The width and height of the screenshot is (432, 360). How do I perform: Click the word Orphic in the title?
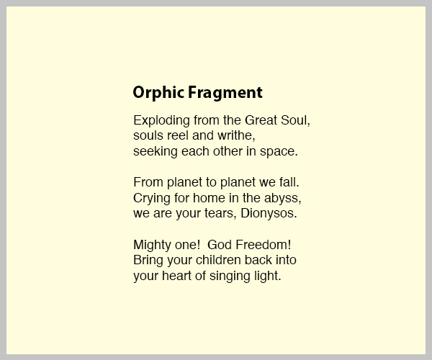click(158, 93)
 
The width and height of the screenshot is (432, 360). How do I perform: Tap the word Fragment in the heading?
click(225, 93)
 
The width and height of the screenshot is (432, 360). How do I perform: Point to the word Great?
click(261, 120)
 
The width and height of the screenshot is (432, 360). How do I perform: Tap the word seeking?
click(156, 151)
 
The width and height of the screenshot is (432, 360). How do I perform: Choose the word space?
click(279, 151)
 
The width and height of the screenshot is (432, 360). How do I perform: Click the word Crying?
click(152, 198)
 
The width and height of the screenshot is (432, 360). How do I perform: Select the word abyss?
click(283, 198)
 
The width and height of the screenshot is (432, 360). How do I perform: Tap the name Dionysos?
click(269, 213)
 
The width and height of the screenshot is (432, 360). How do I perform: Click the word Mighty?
click(153, 245)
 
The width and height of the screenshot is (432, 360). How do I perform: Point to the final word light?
click(268, 276)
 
